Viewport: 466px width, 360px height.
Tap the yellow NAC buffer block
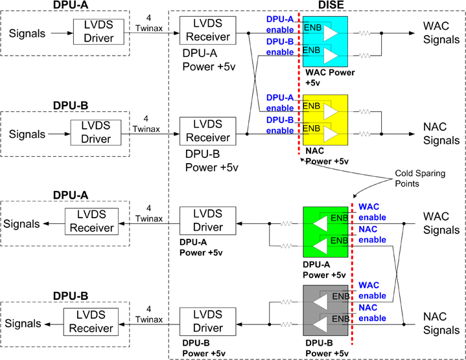click(x=325, y=120)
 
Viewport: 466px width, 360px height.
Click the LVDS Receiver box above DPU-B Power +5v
click(x=204, y=131)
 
